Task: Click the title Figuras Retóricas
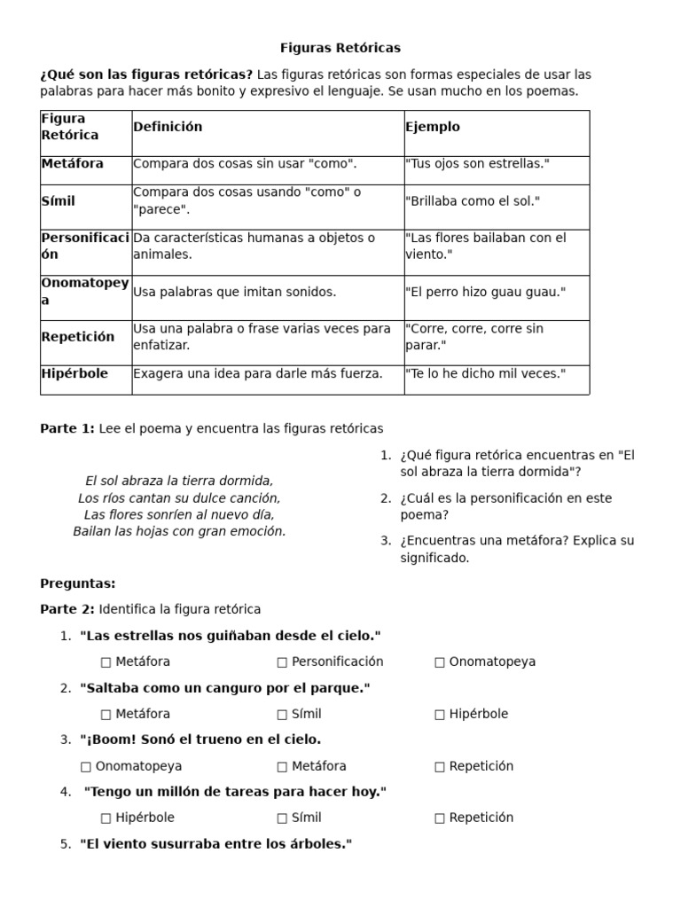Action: tap(340, 48)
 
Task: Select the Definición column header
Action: tap(168, 127)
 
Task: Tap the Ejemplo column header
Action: tap(433, 127)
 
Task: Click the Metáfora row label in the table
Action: tap(73, 164)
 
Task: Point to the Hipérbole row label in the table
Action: tap(74, 374)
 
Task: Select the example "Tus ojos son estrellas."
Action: tap(477, 164)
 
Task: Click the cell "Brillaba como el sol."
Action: tap(472, 201)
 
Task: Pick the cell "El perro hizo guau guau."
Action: tap(484, 292)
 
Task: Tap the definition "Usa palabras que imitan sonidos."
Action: tap(235, 292)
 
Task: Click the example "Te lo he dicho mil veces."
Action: tap(484, 374)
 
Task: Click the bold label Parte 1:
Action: tap(67, 429)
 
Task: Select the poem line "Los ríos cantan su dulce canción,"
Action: tap(179, 498)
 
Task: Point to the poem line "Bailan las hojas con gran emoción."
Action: tap(179, 532)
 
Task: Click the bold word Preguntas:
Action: tap(78, 583)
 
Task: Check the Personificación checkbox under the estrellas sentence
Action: tap(282, 662)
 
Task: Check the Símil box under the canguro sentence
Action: tap(282, 715)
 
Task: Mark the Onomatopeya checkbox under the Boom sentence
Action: tap(85, 767)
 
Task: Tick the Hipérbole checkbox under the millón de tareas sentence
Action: tap(106, 818)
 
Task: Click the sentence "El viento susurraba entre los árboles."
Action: tap(215, 844)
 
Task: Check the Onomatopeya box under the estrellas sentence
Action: tap(440, 662)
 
